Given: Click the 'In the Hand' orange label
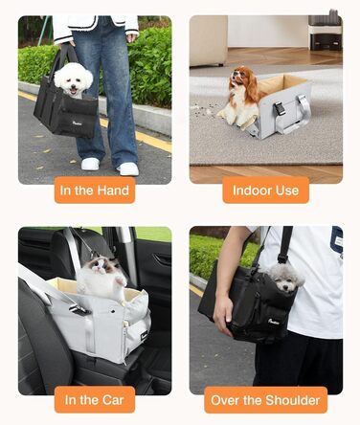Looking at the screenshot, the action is (x=95, y=190).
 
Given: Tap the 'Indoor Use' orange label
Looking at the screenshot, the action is (x=265, y=190).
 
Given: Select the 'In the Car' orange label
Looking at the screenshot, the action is (x=95, y=399).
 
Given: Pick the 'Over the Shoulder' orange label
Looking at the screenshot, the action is (x=265, y=400).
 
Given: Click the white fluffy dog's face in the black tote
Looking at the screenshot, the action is (x=74, y=81).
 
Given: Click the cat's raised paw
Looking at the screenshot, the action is (x=120, y=280).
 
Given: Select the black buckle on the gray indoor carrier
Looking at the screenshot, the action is (x=280, y=108).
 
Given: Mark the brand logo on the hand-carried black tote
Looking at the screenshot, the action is (x=79, y=123).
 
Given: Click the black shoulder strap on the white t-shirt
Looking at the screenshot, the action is (x=285, y=244).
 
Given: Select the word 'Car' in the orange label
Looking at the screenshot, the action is (x=113, y=400).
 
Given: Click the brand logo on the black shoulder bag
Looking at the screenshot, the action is (x=274, y=322).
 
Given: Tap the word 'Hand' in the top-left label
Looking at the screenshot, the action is (x=113, y=190).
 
